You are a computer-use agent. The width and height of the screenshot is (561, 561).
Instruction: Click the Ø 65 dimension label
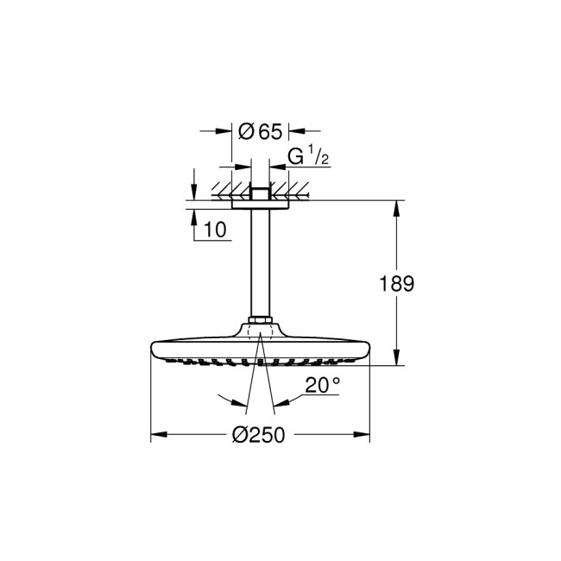(260, 131)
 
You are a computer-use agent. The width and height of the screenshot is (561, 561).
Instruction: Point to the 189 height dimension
(398, 283)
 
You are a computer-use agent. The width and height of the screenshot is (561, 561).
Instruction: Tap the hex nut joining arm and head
(261, 325)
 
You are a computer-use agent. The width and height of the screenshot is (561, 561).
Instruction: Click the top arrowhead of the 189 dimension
(397, 207)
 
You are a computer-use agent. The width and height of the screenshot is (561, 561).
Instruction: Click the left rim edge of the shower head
(154, 348)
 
